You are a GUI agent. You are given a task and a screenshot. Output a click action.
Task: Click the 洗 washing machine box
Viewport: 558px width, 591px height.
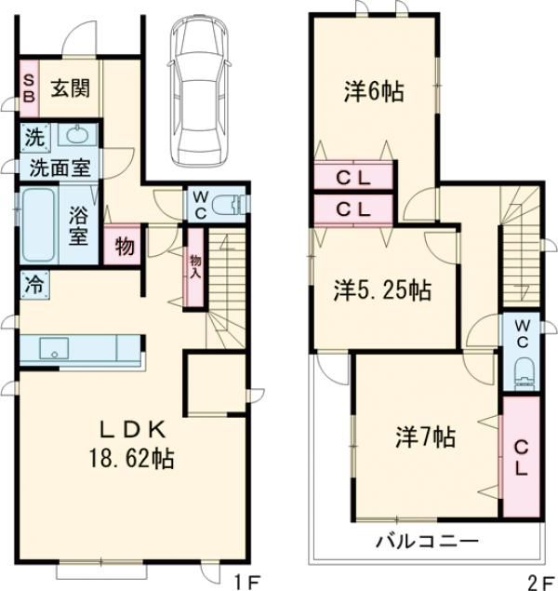(33, 136)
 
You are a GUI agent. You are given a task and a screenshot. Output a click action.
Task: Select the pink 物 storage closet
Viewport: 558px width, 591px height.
(123, 246)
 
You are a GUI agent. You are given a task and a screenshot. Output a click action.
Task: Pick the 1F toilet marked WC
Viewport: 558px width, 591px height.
(224, 204)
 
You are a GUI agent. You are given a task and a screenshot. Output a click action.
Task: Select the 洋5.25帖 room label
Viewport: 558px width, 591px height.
(382, 290)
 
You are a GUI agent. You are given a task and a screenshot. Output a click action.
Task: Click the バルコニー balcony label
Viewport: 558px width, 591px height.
(427, 541)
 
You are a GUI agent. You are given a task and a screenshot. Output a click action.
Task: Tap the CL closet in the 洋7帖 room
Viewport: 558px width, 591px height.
(519, 457)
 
